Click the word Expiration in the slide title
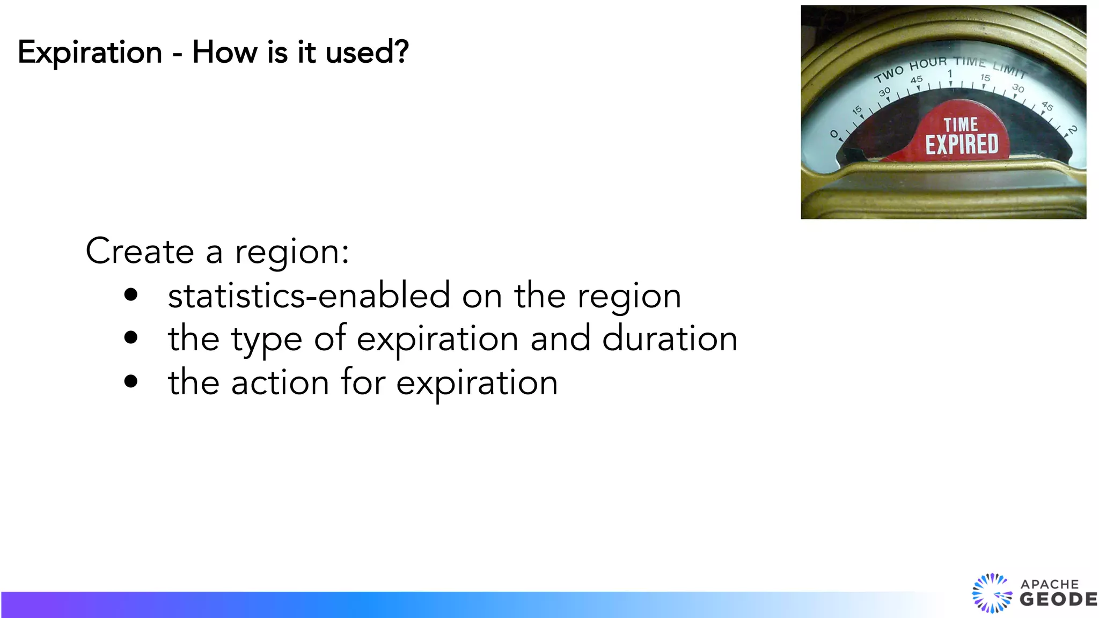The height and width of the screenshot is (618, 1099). (x=90, y=53)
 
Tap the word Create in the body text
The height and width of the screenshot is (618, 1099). (x=140, y=251)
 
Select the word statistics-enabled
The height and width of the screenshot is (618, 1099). (x=309, y=296)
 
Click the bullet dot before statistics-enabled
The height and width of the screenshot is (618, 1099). (x=130, y=295)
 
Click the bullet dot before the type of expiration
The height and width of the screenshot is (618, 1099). (x=130, y=337)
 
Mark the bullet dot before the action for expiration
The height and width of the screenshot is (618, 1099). (x=130, y=381)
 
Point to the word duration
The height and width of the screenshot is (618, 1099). (x=669, y=339)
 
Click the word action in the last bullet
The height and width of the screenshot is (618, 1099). (x=280, y=382)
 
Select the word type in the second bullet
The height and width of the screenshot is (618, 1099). (x=267, y=340)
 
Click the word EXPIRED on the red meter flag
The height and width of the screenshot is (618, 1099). (x=962, y=144)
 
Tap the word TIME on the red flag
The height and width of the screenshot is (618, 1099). (x=961, y=125)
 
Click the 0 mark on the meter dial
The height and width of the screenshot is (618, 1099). (x=833, y=134)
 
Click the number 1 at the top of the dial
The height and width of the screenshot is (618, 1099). (x=949, y=73)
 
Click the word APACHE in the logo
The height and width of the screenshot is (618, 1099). (x=1049, y=584)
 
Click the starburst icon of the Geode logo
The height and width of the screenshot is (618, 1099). (x=991, y=593)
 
